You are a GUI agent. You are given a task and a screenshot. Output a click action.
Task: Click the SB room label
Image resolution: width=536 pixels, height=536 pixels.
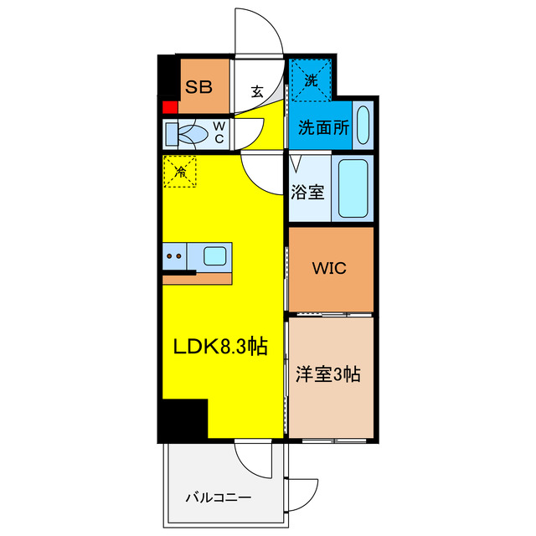(x=198, y=86)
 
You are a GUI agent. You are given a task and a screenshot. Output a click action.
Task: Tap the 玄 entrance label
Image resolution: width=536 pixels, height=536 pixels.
(x=258, y=92)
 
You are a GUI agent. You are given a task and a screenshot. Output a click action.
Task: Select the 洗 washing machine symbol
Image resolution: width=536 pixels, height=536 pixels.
(x=312, y=80)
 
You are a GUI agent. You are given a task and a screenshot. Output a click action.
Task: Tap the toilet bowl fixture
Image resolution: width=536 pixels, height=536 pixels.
(x=190, y=132)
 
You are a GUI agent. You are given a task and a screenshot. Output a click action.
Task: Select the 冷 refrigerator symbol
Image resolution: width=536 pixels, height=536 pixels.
(x=180, y=172)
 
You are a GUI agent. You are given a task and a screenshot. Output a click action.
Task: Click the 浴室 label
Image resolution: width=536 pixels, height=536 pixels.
(x=308, y=191)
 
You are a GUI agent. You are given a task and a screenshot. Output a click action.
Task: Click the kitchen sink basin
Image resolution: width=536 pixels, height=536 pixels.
(x=214, y=255)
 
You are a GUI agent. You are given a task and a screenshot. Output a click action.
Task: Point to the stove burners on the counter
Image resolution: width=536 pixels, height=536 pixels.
(x=175, y=255)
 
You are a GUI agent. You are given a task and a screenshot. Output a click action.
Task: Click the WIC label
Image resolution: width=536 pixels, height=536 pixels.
(x=329, y=271)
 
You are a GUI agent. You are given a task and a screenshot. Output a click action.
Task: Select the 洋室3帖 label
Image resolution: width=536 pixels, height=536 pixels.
(x=327, y=374)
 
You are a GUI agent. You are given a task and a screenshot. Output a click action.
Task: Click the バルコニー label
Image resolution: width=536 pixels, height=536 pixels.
(x=218, y=497)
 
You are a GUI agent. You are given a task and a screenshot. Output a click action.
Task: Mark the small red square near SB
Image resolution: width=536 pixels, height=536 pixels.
(x=169, y=107)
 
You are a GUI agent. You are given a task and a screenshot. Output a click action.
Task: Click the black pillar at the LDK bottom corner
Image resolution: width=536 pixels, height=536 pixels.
(x=183, y=419)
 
